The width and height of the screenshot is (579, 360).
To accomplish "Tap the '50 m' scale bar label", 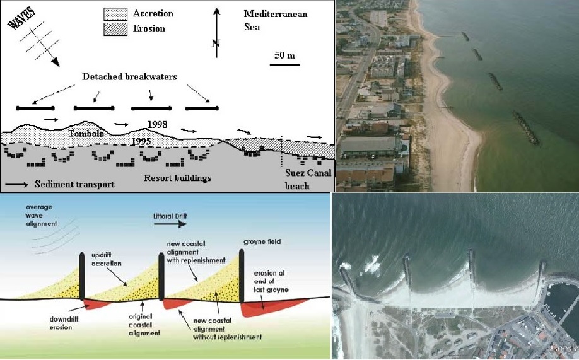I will [x=284, y=55].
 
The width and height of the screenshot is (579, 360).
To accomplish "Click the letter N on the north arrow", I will [x=216, y=44].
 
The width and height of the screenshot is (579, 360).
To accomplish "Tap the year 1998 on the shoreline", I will [x=156, y=124].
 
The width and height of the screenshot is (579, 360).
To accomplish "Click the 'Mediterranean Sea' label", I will [x=276, y=21].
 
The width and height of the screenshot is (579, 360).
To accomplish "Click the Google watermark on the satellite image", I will [x=563, y=348].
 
